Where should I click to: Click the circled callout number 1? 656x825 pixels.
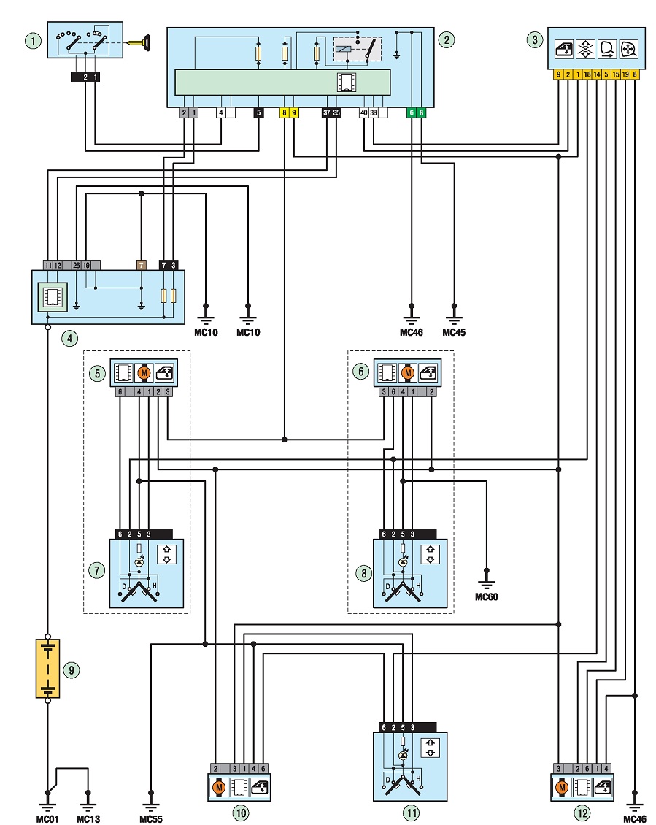pyautogui.click(x=33, y=40)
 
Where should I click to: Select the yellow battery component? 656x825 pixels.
pyautogui.click(x=48, y=669)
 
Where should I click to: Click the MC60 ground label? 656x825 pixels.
pyautogui.click(x=487, y=596)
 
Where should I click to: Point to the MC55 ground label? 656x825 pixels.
pyautogui.click(x=151, y=818)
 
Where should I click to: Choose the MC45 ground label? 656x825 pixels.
pyautogui.click(x=454, y=332)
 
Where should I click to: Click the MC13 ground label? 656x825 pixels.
pyautogui.click(x=88, y=818)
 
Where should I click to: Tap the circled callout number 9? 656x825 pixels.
pyautogui.click(x=71, y=669)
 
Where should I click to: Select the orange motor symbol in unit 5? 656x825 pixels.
pyautogui.click(x=144, y=373)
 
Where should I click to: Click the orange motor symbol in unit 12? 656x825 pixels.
pyautogui.click(x=563, y=787)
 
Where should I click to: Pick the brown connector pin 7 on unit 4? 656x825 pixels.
pyautogui.click(x=141, y=265)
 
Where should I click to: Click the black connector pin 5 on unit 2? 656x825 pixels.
pyautogui.click(x=258, y=112)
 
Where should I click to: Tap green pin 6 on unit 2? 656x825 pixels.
pyautogui.click(x=412, y=112)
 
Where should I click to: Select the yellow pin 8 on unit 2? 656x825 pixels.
pyautogui.click(x=284, y=112)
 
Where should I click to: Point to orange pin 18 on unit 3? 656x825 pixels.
pyautogui.click(x=587, y=74)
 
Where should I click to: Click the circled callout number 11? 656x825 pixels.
pyautogui.click(x=411, y=813)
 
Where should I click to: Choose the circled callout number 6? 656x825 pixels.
pyautogui.click(x=361, y=372)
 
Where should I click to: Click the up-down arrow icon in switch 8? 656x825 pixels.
pyautogui.click(x=431, y=554)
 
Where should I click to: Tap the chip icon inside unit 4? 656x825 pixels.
pyautogui.click(x=52, y=297)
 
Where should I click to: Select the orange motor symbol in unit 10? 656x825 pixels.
pyautogui.click(x=219, y=787)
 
